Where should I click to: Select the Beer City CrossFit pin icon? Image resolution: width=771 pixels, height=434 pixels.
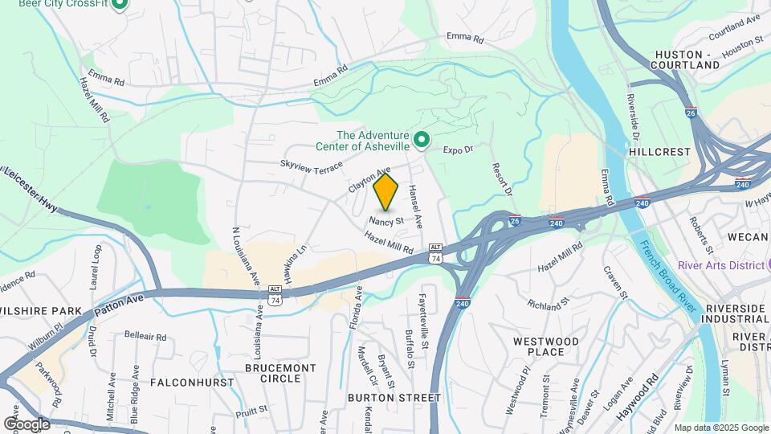click(120, 4)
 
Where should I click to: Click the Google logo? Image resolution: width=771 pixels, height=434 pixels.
click(27, 424)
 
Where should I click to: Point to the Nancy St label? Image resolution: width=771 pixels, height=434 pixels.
click(387, 219)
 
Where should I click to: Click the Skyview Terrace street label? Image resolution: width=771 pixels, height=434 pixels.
click(311, 165)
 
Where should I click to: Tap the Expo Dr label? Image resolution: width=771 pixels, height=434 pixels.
click(459, 149)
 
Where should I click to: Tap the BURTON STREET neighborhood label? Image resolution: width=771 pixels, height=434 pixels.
click(394, 397)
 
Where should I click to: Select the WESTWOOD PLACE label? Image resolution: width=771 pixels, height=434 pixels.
click(546, 346)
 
